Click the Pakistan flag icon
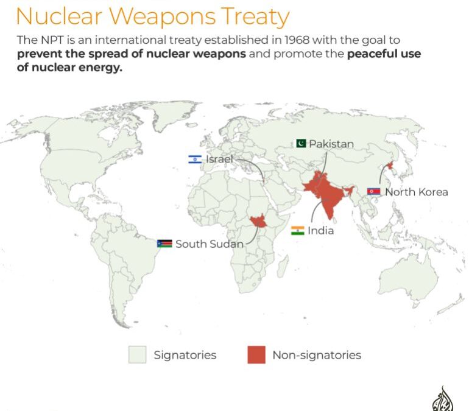click(x=301, y=144)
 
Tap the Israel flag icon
click(x=195, y=159)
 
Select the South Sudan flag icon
click(x=164, y=244)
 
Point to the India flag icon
click(x=298, y=231)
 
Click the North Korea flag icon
click(x=374, y=192)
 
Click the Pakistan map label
click(x=331, y=144)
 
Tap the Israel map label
click(x=220, y=159)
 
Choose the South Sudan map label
click(x=210, y=244)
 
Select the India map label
click(x=321, y=231)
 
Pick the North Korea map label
click(x=417, y=192)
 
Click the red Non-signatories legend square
click(x=256, y=354)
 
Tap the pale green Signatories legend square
click(x=137, y=354)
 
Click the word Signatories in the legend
click(x=185, y=354)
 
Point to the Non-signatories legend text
click(x=317, y=354)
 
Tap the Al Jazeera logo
click(x=443, y=400)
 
